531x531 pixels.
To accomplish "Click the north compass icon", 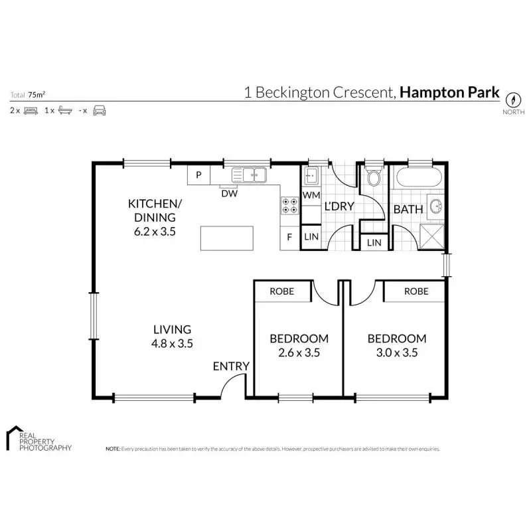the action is point(512,100).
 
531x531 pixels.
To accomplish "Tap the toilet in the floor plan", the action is point(373,177).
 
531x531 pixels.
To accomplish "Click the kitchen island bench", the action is point(227,238).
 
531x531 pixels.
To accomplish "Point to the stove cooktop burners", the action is point(290,205).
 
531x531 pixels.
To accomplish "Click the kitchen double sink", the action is point(249,175).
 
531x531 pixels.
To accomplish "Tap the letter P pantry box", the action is point(198,176).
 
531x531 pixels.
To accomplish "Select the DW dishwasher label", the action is point(228,194).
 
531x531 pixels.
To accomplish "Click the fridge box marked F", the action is point(289,237).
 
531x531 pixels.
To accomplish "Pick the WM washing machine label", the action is point(311,196).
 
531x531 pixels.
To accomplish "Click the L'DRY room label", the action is point(339,206).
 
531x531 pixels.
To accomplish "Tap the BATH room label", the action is point(408,209).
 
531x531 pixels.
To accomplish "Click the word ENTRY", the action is point(231,366).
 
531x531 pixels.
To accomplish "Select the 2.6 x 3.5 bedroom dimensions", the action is point(299,353).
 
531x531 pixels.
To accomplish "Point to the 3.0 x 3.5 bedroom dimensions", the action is point(396,353).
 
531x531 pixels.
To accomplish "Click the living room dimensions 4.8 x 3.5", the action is point(173,344).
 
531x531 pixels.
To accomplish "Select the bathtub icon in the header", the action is point(64,110).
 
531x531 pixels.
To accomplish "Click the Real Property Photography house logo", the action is point(13,438).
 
